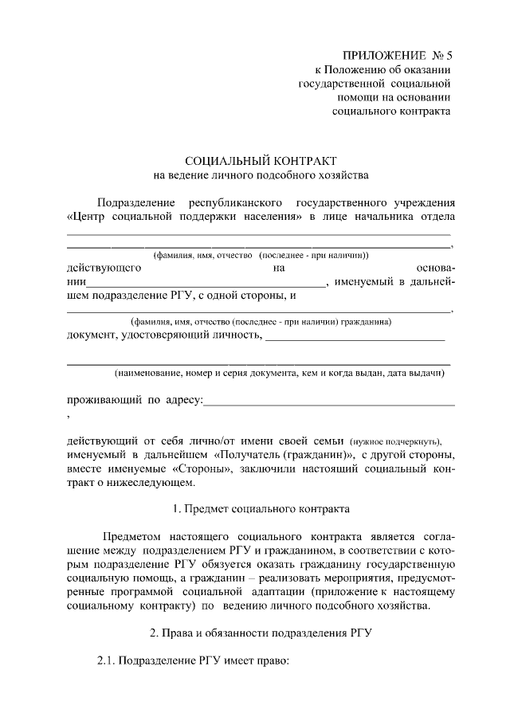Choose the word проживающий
103,398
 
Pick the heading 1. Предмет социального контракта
261,508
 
